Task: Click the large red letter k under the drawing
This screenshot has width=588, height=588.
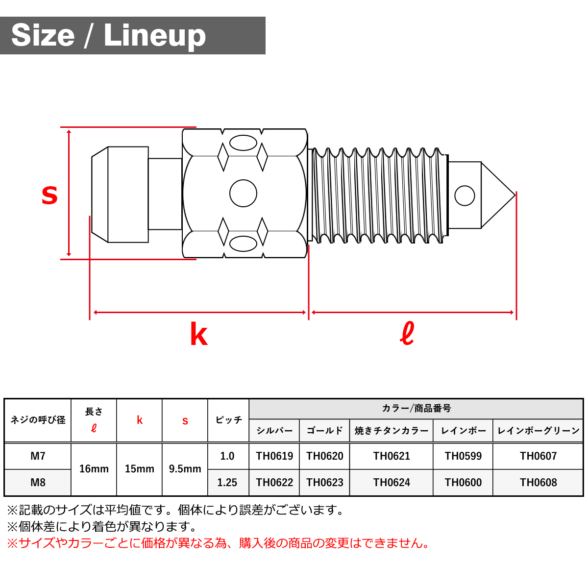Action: pos(198,334)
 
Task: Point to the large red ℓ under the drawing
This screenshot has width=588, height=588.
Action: pos(407,333)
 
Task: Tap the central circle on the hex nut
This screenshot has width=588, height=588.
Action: pos(243,193)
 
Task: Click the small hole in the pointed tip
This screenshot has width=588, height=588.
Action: pos(465,196)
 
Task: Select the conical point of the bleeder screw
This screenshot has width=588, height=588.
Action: pos(497,196)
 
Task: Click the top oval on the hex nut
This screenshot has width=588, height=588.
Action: pos(243,143)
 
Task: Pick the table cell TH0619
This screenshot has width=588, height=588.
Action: pos(274,456)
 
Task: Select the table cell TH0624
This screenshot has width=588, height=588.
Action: pos(392,483)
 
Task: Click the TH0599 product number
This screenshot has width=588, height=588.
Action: pos(463,456)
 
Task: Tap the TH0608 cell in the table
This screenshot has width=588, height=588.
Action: pos(538,483)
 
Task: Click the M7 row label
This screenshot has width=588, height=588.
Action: pos(38,456)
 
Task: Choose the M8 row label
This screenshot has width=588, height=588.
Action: pos(38,483)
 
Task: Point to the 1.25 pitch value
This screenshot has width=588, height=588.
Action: pos(227,483)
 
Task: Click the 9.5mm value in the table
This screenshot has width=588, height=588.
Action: pos(185,469)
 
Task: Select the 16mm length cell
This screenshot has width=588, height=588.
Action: pos(94,469)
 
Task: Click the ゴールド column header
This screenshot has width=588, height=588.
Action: pos(325,431)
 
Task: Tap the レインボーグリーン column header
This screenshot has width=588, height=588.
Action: pos(538,431)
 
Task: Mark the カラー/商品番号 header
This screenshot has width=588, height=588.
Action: pos(416,408)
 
